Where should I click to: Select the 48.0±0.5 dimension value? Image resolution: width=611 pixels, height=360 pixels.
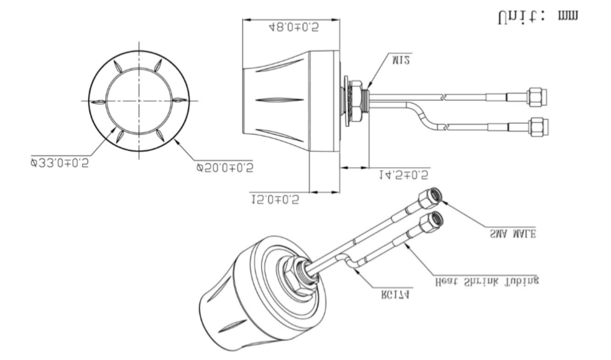[293, 27]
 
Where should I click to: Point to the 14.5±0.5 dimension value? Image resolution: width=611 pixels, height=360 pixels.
[403, 173]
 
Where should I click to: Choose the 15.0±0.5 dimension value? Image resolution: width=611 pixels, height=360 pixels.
[275, 199]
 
